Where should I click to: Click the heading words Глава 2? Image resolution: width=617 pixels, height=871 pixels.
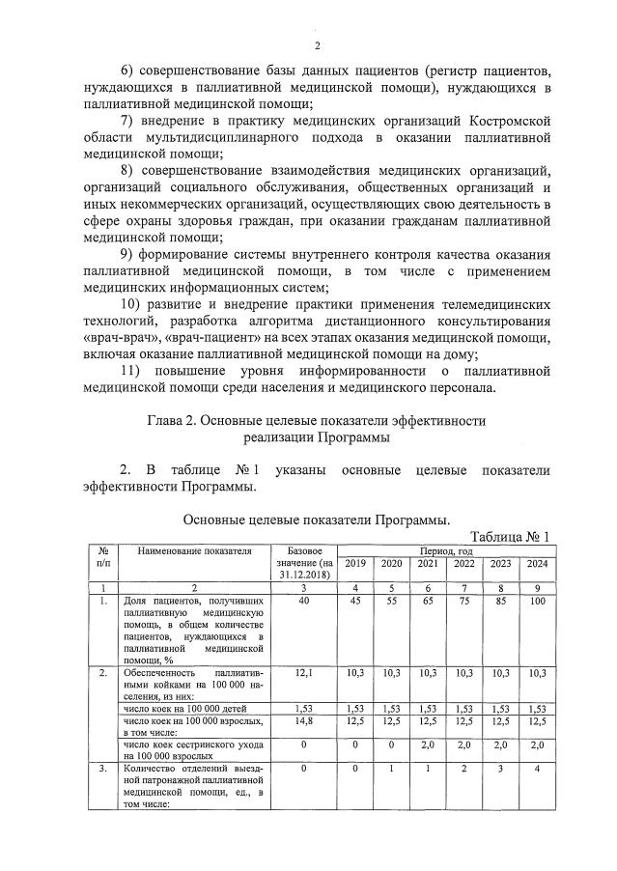point(177,421)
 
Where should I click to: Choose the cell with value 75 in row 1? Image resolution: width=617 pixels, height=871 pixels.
point(464,602)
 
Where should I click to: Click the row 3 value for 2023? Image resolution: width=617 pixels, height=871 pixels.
point(500,770)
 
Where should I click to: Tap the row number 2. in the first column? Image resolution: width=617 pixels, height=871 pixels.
point(102,671)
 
